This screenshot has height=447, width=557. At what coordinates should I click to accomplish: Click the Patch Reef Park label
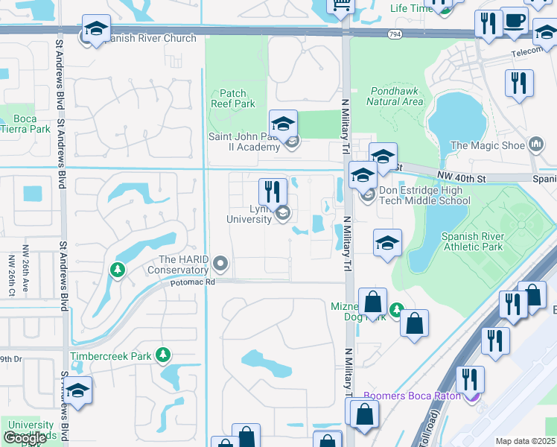pyautogui.click(x=233, y=99)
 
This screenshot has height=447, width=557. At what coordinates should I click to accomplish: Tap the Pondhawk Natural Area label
pyautogui.click(x=397, y=95)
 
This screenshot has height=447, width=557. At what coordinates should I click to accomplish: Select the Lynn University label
pyautogui.click(x=249, y=214)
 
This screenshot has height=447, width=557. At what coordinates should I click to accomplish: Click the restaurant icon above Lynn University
pyautogui.click(x=273, y=191)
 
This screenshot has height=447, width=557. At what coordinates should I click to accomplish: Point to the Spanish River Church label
pyautogui.click(x=150, y=38)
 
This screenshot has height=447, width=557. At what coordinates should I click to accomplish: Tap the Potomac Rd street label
pyautogui.click(x=192, y=282)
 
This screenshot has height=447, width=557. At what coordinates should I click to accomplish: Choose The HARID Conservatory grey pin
pyautogui.click(x=220, y=263)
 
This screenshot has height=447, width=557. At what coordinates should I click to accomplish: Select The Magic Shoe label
pyautogui.click(x=488, y=146)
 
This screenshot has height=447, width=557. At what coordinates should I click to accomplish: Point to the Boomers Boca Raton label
pyautogui.click(x=412, y=396)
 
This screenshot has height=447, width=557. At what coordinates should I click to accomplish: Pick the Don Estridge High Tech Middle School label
pyautogui.click(x=425, y=195)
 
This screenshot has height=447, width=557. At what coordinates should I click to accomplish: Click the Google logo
pyautogui.click(x=25, y=438)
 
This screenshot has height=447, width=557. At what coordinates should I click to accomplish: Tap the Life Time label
pyautogui.click(x=411, y=8)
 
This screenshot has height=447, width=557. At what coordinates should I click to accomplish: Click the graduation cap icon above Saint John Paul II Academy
pyautogui.click(x=283, y=124)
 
